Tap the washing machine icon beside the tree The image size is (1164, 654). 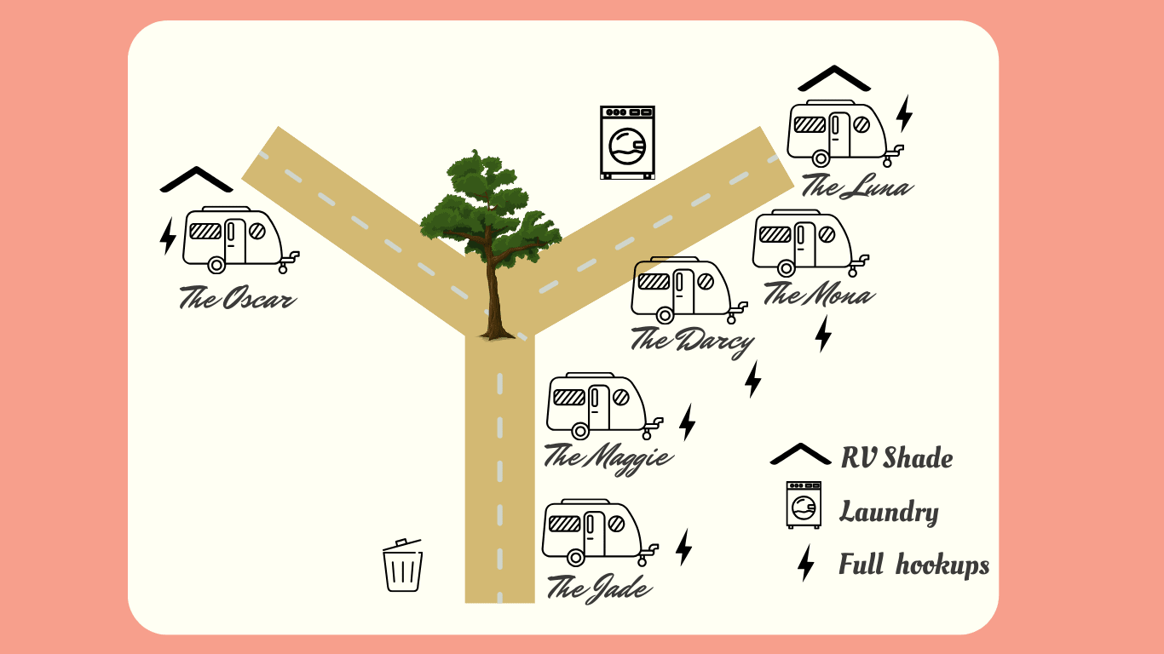pyautogui.click(x=627, y=142)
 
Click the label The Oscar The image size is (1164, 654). pyautogui.click(x=237, y=299)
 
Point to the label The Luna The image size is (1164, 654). pyautogui.click(x=856, y=186)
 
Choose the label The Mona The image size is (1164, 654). pyautogui.click(x=817, y=295)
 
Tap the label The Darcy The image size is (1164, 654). pyautogui.click(x=692, y=341)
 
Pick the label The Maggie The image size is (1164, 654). pyautogui.click(x=608, y=457)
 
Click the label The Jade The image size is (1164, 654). pyautogui.click(x=599, y=588)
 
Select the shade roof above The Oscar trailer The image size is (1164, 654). pyautogui.click(x=196, y=180)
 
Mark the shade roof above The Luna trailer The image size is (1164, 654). pyautogui.click(x=834, y=78)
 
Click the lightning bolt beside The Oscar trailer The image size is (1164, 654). pyautogui.click(x=168, y=236)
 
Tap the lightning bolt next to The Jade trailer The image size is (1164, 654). pyautogui.click(x=683, y=547)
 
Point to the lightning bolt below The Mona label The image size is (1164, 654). pyautogui.click(x=822, y=334)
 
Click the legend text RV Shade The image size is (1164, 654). pyautogui.click(x=896, y=458)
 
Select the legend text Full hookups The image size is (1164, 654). pyautogui.click(x=913, y=565)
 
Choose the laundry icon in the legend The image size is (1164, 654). pyautogui.click(x=804, y=505)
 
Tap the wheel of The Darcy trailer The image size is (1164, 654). pyautogui.click(x=665, y=315)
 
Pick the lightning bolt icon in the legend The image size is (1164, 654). pyautogui.click(x=805, y=564)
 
